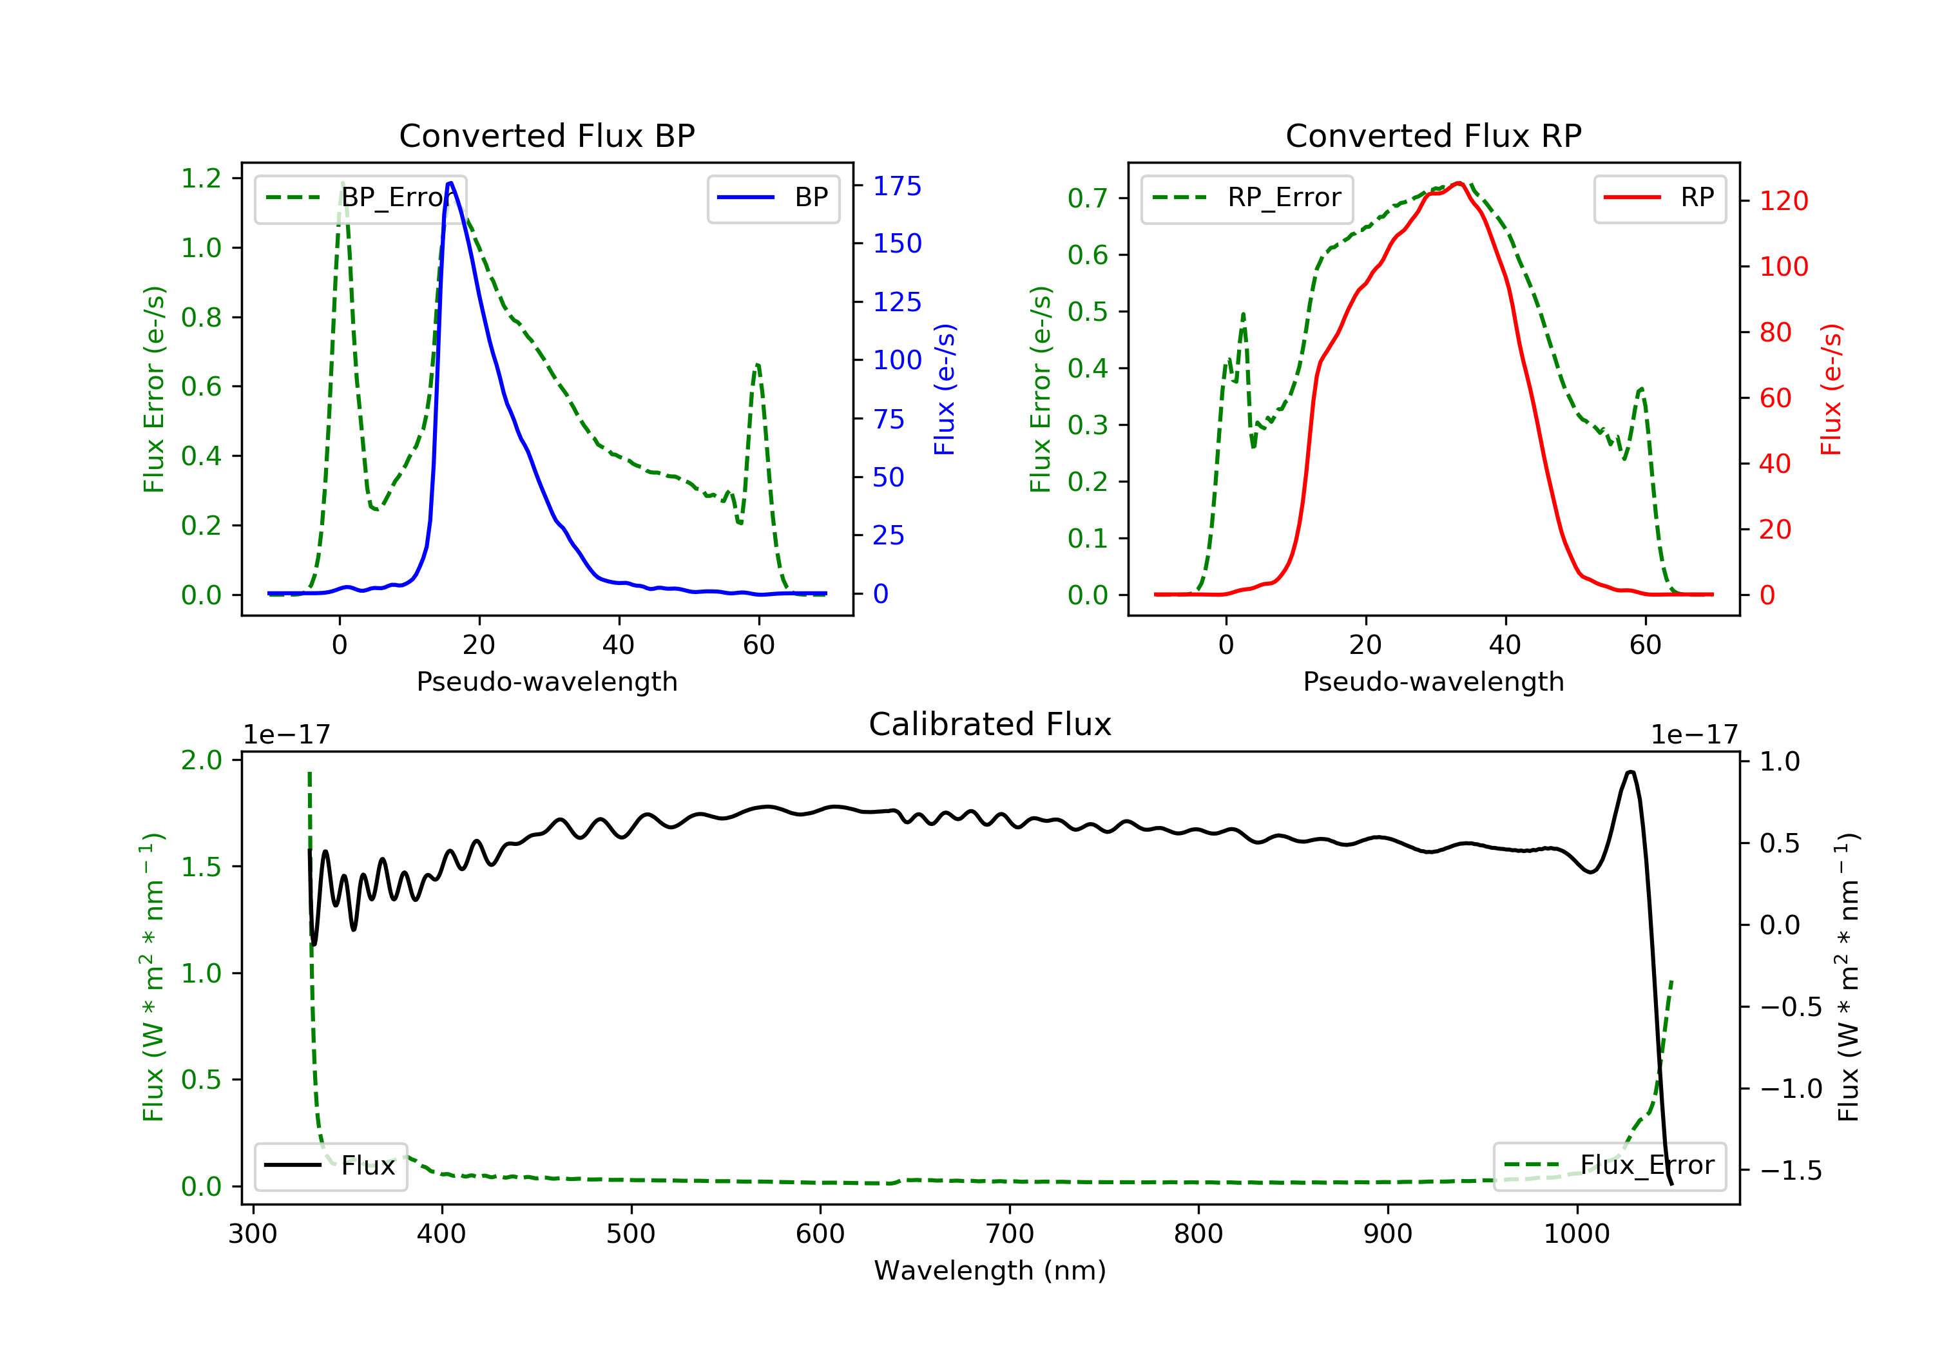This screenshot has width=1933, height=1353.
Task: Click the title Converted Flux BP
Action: click(546, 135)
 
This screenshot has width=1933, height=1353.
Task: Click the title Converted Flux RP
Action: click(1433, 135)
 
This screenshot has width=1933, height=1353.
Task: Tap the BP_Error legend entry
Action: click(360, 198)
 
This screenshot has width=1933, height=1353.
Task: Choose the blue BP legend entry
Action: click(773, 198)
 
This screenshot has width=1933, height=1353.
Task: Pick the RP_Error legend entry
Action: click(1246, 198)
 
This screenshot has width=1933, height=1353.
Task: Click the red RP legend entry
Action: click(1659, 198)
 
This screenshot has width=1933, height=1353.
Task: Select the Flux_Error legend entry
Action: click(1609, 1166)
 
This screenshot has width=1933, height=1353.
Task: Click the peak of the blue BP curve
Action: click(451, 183)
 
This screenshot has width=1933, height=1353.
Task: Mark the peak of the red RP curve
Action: click(1459, 184)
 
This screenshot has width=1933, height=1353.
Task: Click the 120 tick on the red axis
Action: click(1783, 201)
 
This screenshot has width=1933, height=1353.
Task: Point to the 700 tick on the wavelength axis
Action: click(1010, 1234)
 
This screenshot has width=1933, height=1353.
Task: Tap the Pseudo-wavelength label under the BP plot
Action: click(546, 681)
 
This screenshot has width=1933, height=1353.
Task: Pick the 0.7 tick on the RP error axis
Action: click(1088, 198)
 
